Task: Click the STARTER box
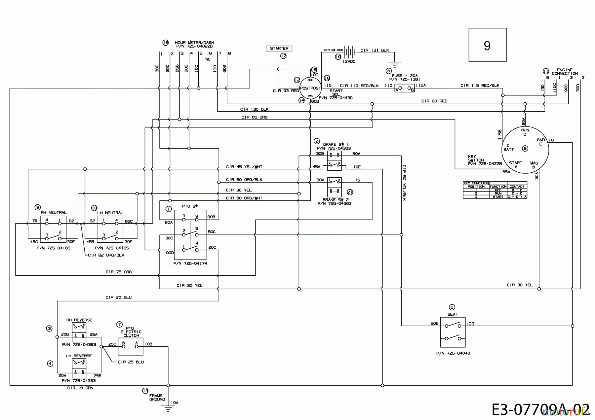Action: [x=279, y=49]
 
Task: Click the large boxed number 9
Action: [x=487, y=45]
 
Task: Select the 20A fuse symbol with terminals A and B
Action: [x=405, y=88]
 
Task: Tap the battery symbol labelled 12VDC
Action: [x=349, y=52]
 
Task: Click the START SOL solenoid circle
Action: [x=310, y=88]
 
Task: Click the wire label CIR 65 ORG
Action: [x=254, y=117]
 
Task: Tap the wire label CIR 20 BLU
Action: [x=118, y=297]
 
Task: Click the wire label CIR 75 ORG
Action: [x=118, y=272]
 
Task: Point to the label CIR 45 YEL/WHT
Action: [x=244, y=167]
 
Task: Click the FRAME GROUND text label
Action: [x=157, y=398]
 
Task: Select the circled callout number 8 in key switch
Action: [x=525, y=149]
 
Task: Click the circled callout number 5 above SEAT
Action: [x=452, y=307]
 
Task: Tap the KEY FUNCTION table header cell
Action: [x=476, y=183]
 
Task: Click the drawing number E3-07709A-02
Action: [x=540, y=409]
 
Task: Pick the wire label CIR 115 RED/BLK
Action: [x=480, y=86]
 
